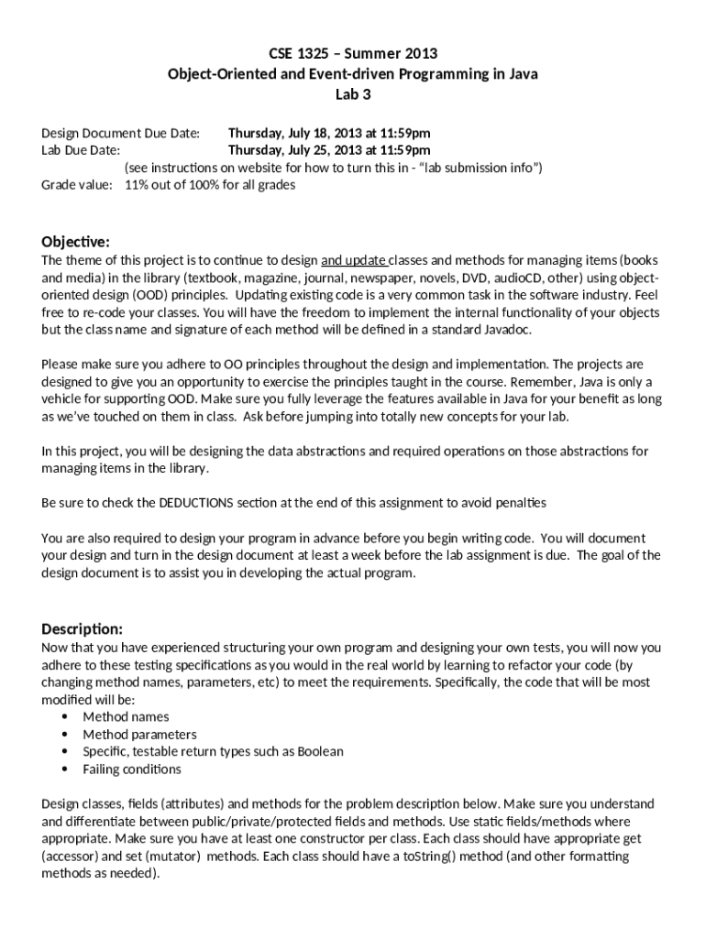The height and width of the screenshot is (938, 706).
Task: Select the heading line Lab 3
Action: tap(353, 93)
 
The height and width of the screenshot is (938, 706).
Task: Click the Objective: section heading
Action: tap(76, 242)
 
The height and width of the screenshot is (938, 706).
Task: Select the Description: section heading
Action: tap(83, 629)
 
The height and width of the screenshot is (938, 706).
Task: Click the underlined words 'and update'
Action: tap(355, 261)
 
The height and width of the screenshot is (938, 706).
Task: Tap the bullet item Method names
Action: tap(126, 717)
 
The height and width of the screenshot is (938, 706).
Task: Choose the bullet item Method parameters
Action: tap(139, 735)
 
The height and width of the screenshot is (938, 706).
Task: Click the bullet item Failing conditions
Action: tap(132, 769)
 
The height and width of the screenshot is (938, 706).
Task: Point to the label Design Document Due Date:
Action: tap(121, 134)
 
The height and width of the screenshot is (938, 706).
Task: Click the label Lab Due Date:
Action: tap(82, 150)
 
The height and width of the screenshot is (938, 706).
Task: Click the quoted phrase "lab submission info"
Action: tap(474, 168)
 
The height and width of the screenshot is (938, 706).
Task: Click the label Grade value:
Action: tap(78, 185)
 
